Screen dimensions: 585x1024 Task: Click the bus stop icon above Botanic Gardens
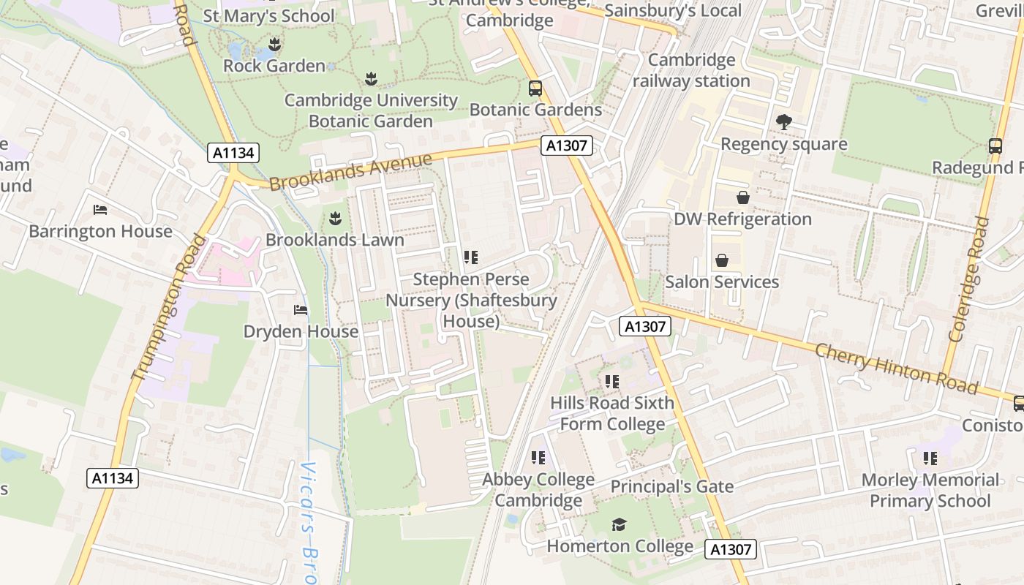[535, 88]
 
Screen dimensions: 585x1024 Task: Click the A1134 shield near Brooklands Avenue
[234, 153]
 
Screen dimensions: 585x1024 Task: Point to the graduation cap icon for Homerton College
[620, 524]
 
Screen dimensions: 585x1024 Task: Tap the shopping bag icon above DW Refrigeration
[742, 197]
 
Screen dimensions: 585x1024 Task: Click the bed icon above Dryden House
[301, 310]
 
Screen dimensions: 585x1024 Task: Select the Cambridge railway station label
[691, 70]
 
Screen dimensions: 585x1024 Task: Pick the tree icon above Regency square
[783, 122]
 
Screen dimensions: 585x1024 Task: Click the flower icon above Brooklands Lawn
[335, 218]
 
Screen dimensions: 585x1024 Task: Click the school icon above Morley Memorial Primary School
[930, 458]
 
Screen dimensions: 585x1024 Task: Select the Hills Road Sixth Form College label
[612, 413]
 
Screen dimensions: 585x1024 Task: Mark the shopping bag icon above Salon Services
[722, 260]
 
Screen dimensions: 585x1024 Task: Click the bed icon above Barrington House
[101, 210]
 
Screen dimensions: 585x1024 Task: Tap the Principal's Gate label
[671, 486]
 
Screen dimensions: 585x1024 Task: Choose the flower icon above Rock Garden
[274, 44]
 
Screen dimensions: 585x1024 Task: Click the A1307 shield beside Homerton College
[731, 549]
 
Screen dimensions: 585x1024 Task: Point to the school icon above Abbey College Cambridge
[538, 458]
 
